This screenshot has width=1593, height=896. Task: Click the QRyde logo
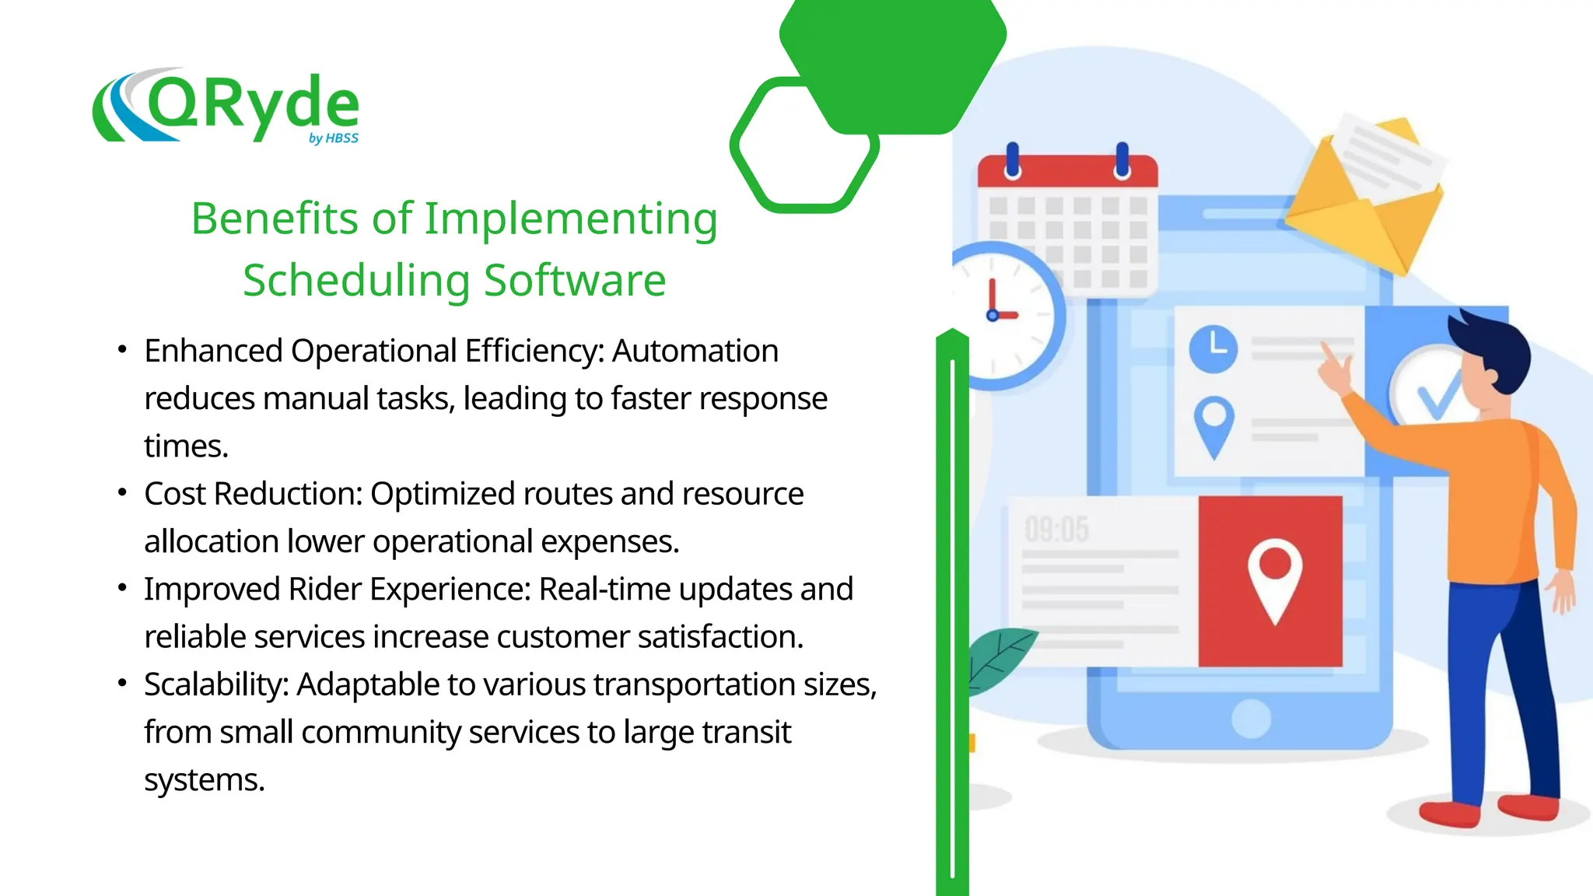click(226, 106)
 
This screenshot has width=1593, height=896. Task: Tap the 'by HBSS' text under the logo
click(334, 138)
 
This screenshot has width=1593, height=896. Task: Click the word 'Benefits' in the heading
click(275, 219)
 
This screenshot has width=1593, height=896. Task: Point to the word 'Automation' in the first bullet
click(695, 351)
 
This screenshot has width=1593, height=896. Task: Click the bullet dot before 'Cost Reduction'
click(122, 492)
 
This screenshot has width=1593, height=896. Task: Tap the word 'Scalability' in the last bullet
click(215, 684)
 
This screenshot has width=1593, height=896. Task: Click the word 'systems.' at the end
click(205, 779)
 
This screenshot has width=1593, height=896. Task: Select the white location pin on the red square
click(1274, 580)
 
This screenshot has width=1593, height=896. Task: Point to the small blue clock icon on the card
click(1213, 349)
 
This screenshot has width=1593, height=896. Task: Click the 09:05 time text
click(1056, 530)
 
